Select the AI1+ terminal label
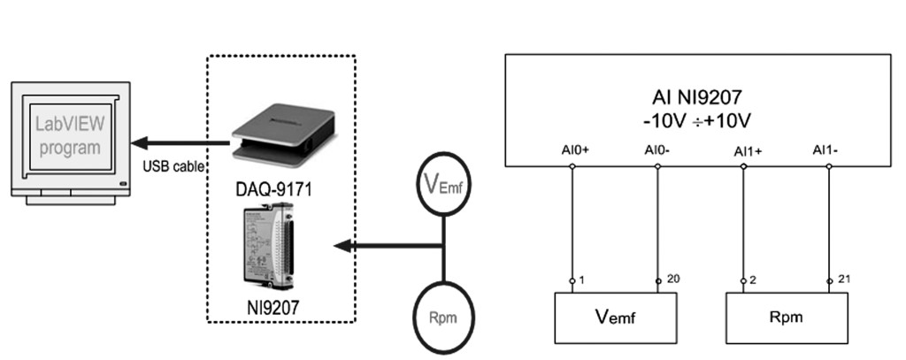click(x=747, y=151)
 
